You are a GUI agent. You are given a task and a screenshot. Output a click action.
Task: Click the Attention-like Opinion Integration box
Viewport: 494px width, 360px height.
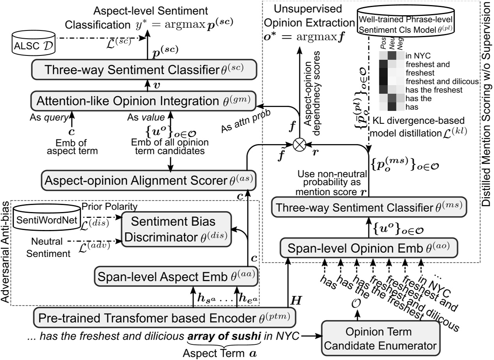pyautogui.click(x=143, y=102)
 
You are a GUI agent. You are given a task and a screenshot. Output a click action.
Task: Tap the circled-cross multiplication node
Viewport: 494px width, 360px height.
pyautogui.click(x=299, y=144)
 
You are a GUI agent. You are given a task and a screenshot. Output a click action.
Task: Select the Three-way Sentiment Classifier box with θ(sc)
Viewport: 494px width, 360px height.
pyautogui.click(x=143, y=70)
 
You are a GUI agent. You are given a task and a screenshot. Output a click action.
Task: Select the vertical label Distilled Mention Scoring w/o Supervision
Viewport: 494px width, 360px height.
pyautogui.click(x=488, y=103)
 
